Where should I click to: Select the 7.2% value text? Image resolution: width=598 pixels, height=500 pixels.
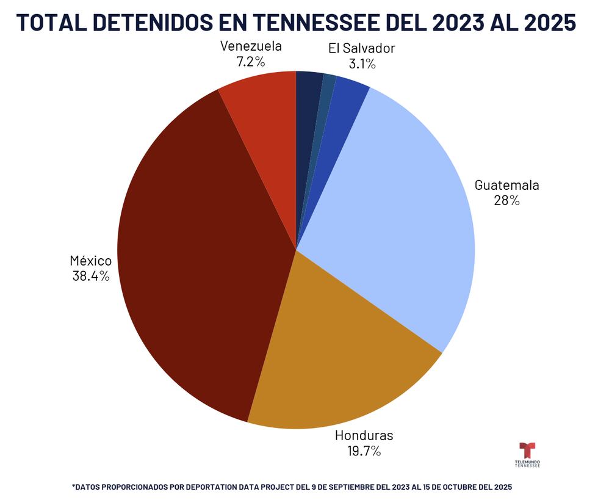coord(251,62)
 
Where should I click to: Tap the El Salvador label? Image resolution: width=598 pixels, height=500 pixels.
coord(361,49)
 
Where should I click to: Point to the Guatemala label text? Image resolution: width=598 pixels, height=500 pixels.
coord(507,186)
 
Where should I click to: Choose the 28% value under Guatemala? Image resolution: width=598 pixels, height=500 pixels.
coord(506,201)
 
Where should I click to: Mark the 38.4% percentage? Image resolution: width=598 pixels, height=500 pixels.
coord(90,277)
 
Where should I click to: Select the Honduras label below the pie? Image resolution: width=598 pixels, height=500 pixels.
coord(364,436)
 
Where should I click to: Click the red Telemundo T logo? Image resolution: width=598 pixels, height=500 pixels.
coord(527,451)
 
